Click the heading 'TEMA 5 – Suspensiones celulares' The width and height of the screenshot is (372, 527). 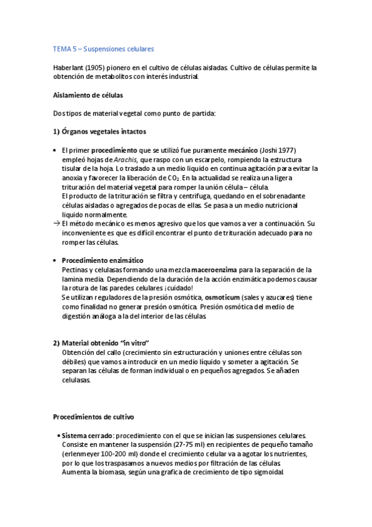pyautogui.click(x=104, y=48)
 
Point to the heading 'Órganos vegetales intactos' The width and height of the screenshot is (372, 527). pyautogui.click(x=102, y=131)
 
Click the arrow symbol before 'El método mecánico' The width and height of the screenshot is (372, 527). pyautogui.click(x=57, y=223)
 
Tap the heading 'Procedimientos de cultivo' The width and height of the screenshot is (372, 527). pyautogui.click(x=93, y=416)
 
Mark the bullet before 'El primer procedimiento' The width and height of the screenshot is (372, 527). pyautogui.click(x=55, y=150)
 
